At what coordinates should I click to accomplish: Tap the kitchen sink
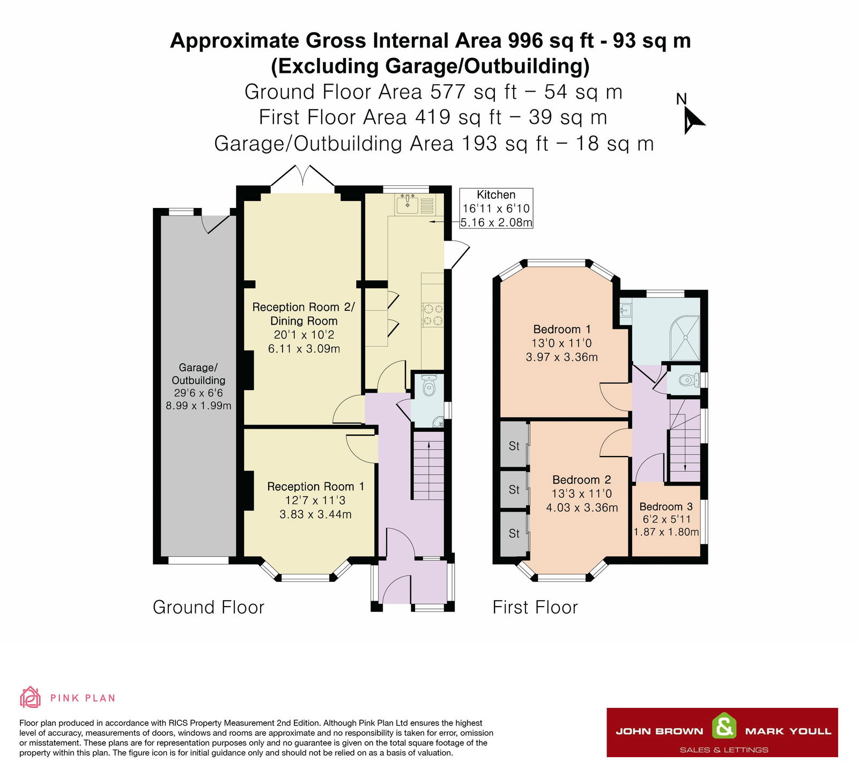(x=408, y=204)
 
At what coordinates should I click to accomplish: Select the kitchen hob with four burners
(x=433, y=315)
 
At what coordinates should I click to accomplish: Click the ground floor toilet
(x=429, y=386)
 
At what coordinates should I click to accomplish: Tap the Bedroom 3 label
(x=666, y=506)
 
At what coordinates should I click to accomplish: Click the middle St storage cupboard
(x=514, y=489)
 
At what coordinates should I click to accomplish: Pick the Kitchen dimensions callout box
(x=496, y=208)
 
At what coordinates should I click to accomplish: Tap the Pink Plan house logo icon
(x=30, y=697)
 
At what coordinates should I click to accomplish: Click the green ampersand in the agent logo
(x=724, y=727)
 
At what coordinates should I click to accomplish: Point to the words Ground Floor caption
(x=209, y=607)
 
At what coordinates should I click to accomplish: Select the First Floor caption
(x=535, y=607)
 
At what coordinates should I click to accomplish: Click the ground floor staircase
(x=428, y=466)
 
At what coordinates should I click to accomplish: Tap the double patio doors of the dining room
(x=303, y=177)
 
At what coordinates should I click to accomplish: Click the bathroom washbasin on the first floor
(x=626, y=309)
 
